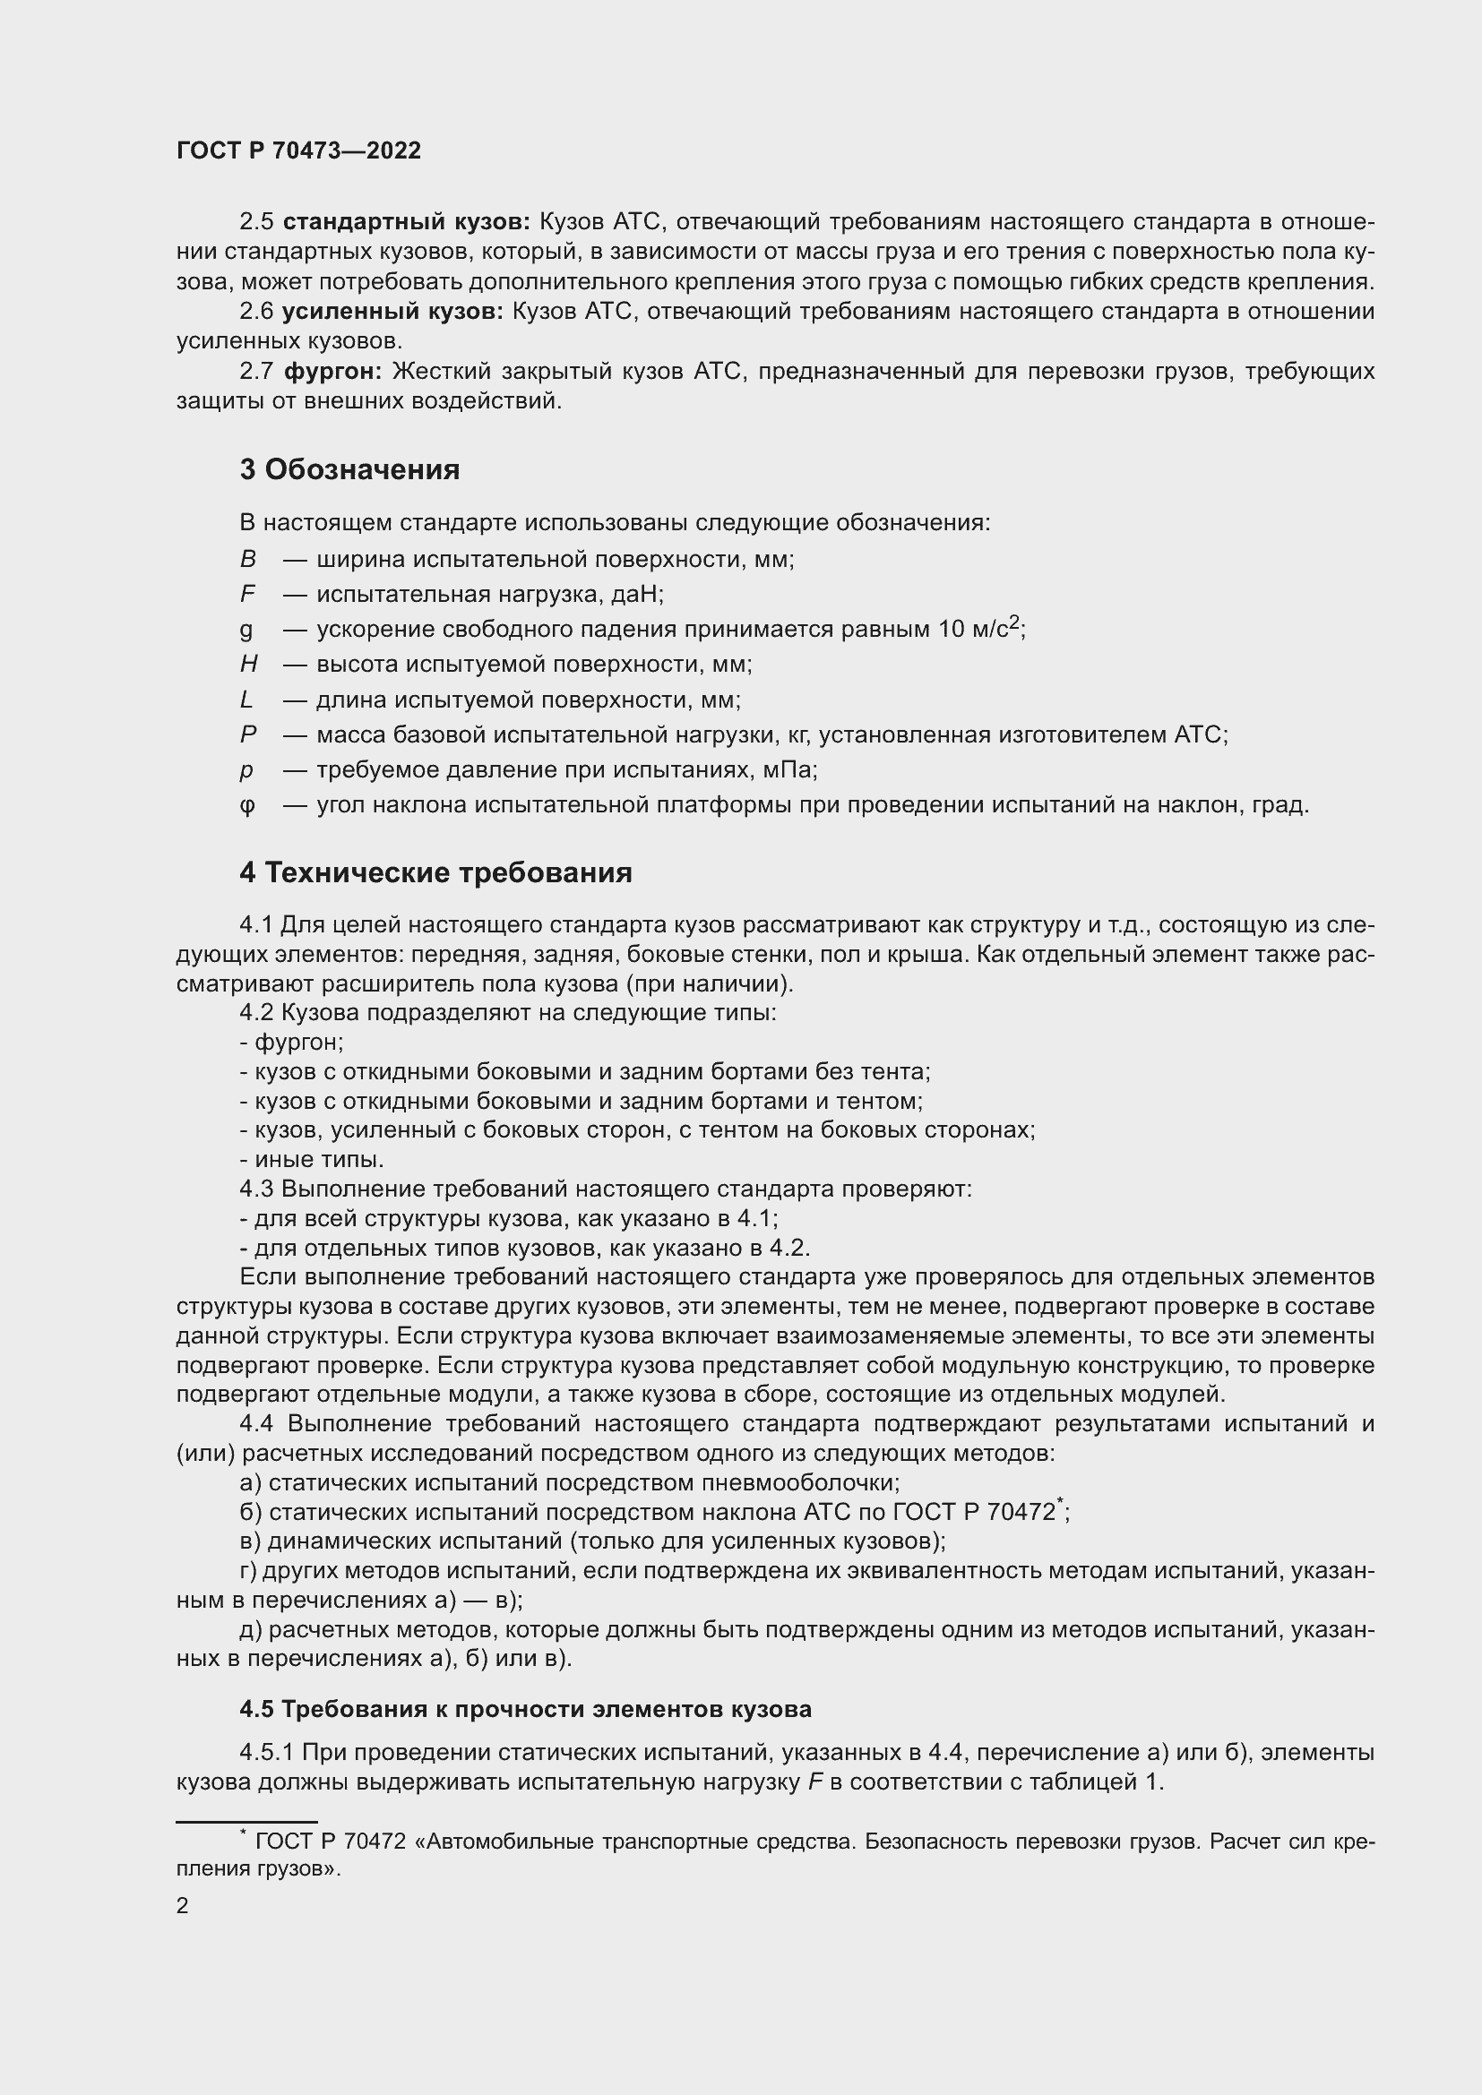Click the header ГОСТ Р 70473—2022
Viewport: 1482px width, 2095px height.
point(298,151)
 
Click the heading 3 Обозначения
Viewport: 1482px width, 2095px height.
point(349,470)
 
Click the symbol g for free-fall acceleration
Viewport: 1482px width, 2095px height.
point(246,630)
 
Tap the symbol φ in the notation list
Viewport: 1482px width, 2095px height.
point(247,806)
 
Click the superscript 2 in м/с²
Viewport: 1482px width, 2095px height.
point(1014,623)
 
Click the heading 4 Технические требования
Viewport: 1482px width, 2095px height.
point(435,873)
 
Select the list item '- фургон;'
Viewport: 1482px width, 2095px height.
point(291,1042)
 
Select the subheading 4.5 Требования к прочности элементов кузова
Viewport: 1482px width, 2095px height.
point(526,1709)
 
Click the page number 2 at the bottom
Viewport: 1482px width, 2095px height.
point(183,1906)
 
